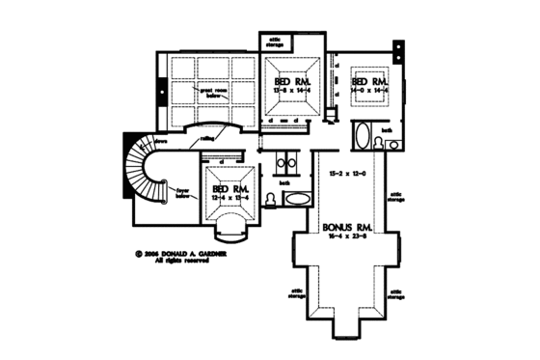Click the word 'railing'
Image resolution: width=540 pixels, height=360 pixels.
(x=208, y=140)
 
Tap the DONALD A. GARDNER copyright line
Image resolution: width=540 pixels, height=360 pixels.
(x=192, y=255)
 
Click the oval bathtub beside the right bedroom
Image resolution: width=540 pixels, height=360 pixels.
(x=362, y=135)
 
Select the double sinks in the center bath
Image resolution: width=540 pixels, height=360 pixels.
(x=285, y=160)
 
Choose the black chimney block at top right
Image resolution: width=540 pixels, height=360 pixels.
(x=398, y=46)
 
